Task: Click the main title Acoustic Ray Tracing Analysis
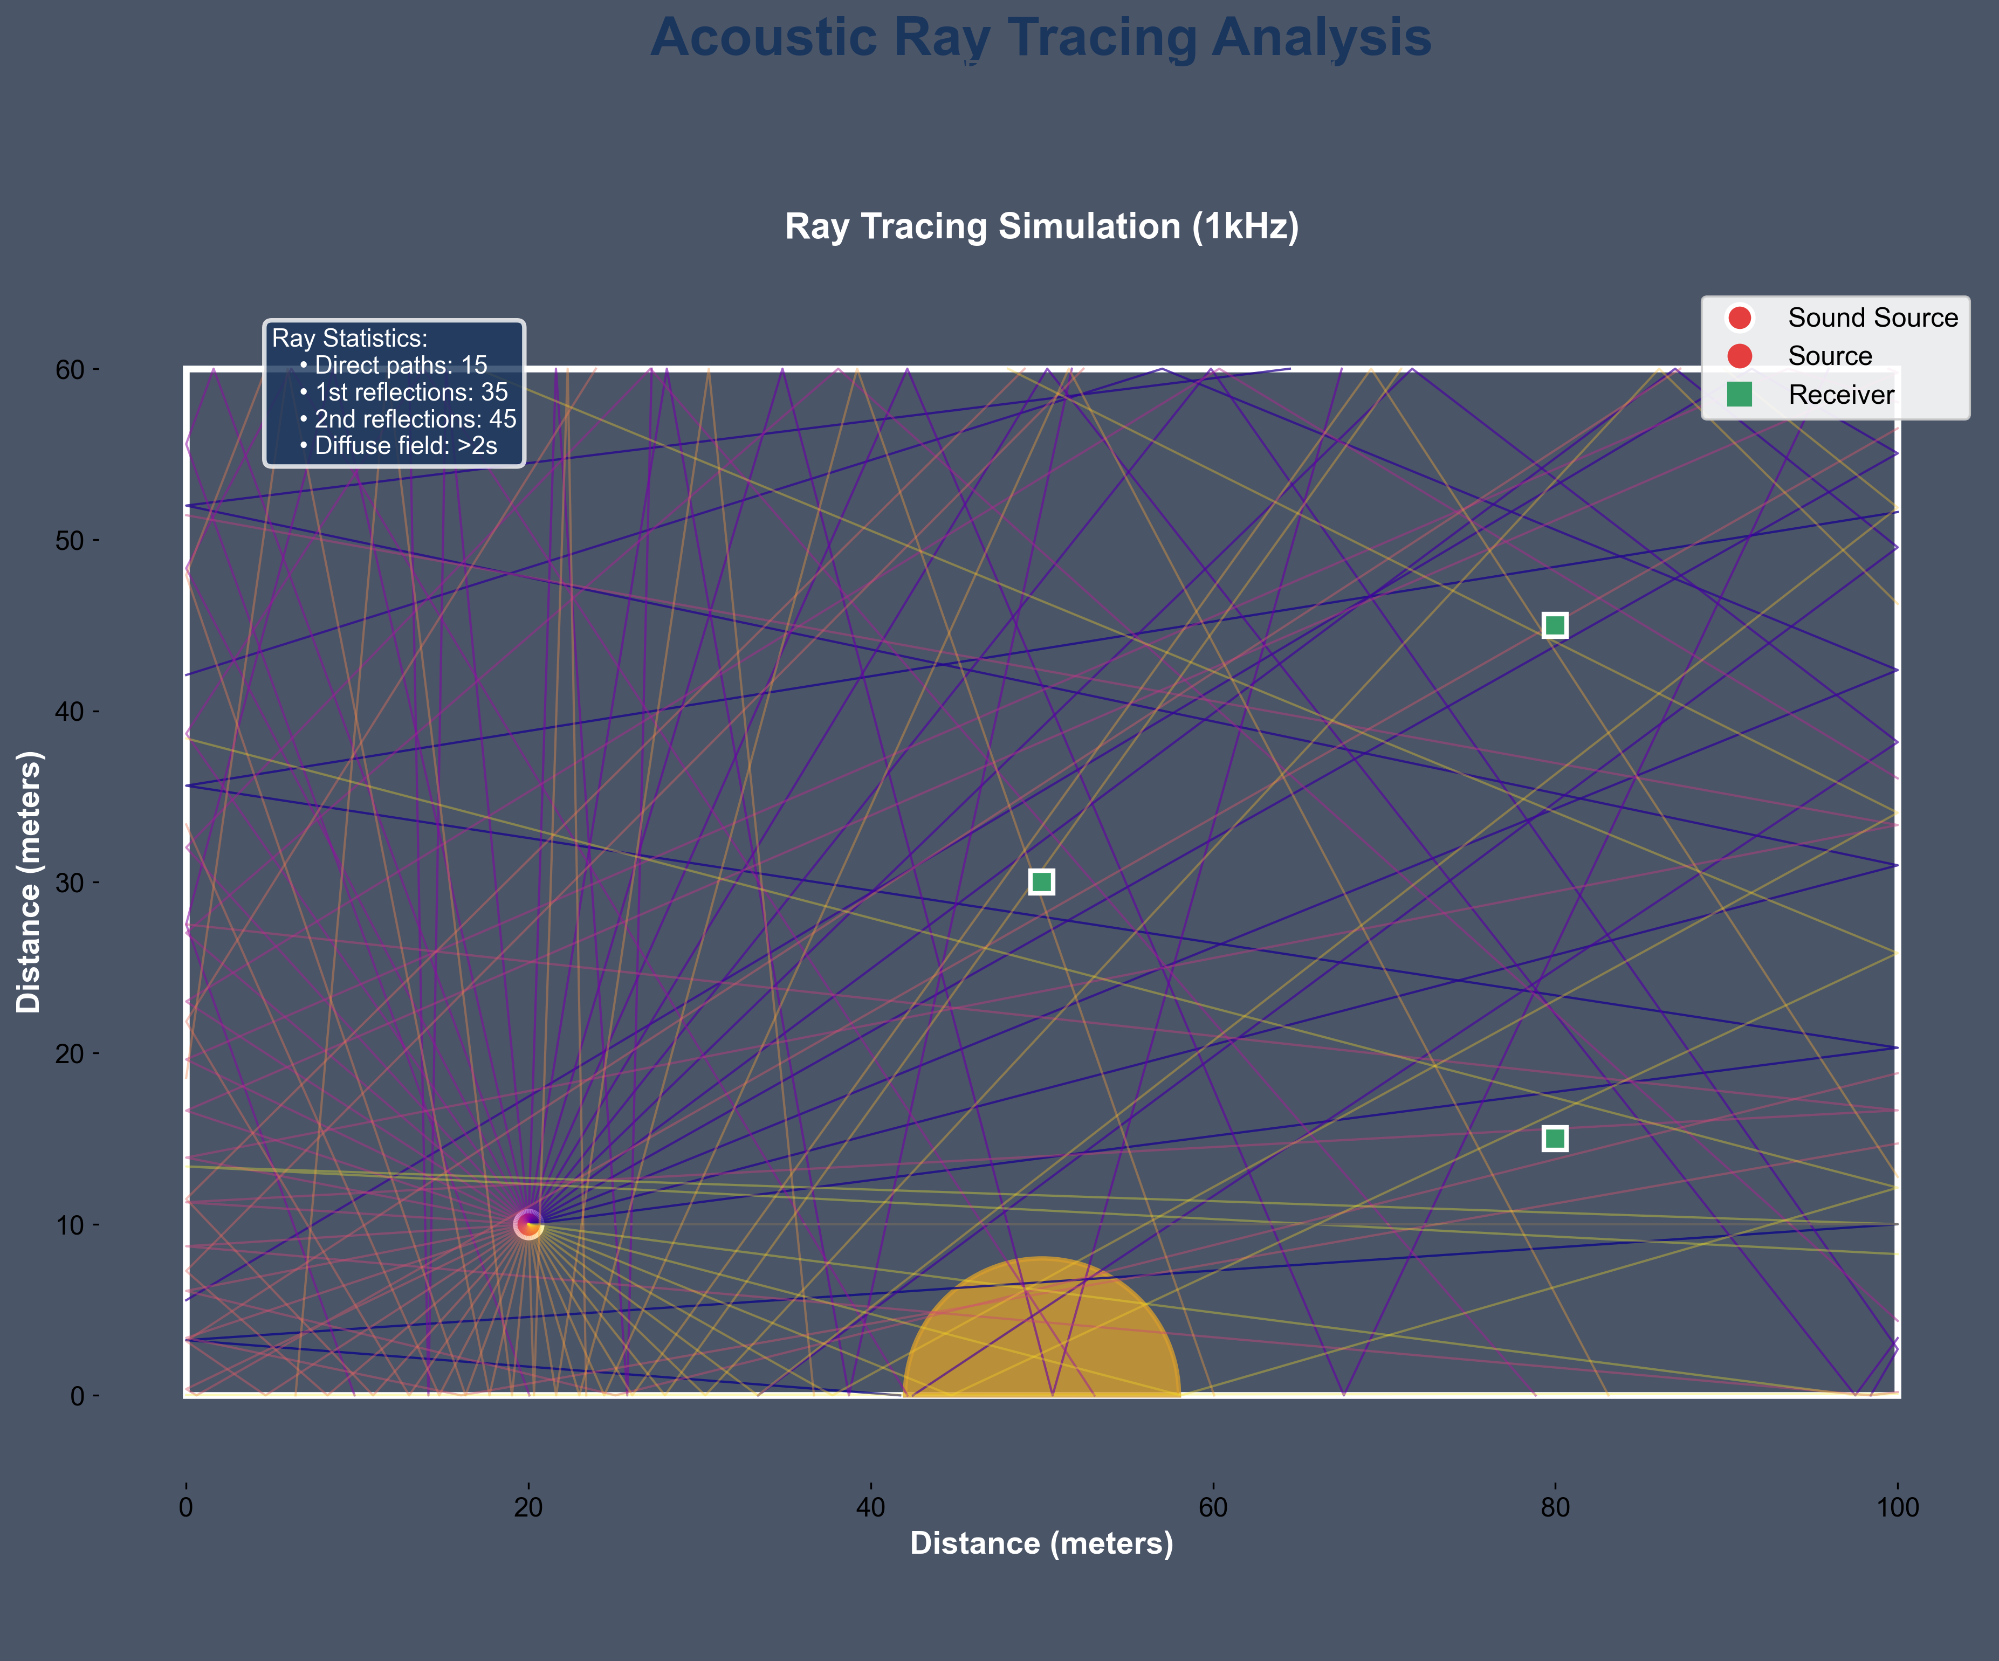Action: pyautogui.click(x=1040, y=38)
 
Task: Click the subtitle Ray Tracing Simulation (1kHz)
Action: pyautogui.click(x=1041, y=226)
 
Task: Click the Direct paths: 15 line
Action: pyautogui.click(x=400, y=366)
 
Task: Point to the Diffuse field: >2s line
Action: pyautogui.click(x=404, y=445)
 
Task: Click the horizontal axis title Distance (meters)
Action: pyautogui.click(x=1041, y=1543)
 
